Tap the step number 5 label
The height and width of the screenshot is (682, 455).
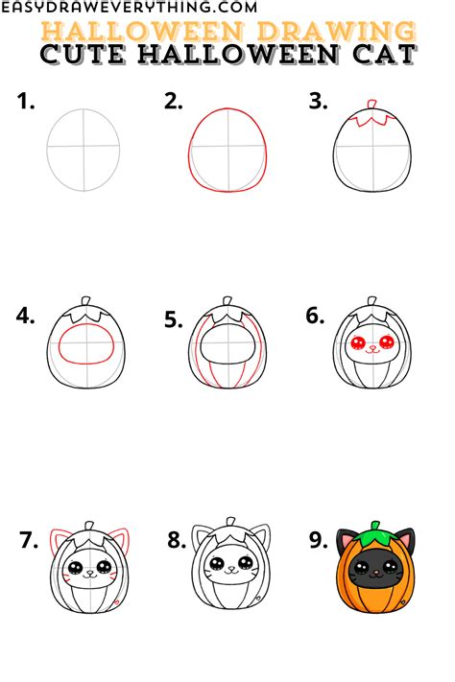173,321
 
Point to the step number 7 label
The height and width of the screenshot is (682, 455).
28,540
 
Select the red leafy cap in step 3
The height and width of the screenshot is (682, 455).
370,121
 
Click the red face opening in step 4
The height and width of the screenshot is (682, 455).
84,343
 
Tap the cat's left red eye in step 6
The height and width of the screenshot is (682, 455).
357,344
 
